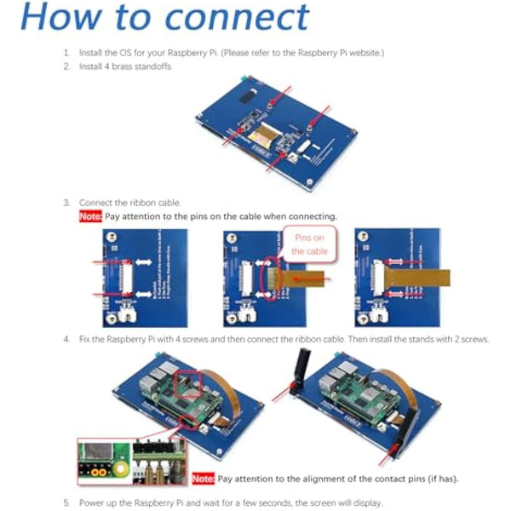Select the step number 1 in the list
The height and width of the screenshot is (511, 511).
[x=66, y=53]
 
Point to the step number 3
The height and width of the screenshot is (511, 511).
[x=66, y=203]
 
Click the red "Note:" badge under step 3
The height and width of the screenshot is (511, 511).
[x=90, y=216]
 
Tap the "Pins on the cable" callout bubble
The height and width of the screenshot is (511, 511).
[x=309, y=245]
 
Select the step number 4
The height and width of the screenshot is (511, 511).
[x=66, y=339]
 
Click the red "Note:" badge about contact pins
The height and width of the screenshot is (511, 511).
[x=204, y=479]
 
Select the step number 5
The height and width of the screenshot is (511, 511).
[x=66, y=502]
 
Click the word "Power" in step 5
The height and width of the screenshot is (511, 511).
[x=90, y=502]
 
